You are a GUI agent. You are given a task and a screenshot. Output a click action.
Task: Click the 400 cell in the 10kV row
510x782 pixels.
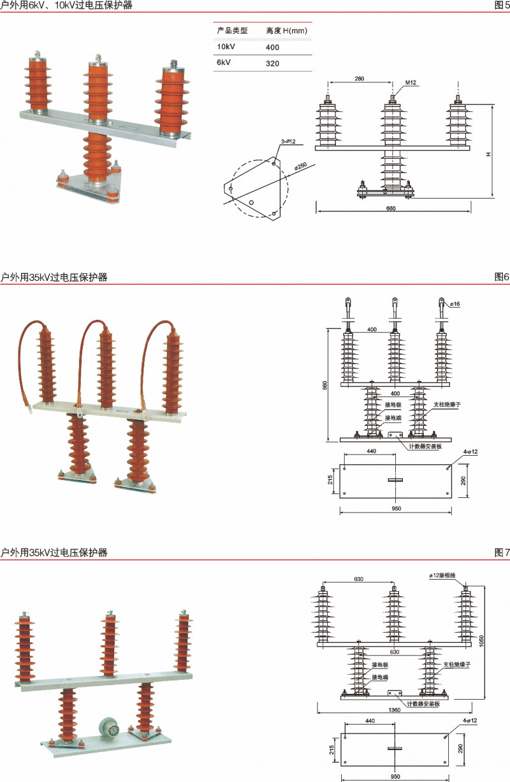(x=273, y=47)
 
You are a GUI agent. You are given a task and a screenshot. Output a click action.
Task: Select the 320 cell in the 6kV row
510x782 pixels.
(x=273, y=63)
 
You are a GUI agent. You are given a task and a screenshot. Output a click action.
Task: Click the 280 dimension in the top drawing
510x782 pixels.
(x=359, y=79)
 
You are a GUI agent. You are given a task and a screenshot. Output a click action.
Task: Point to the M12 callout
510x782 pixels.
(x=412, y=83)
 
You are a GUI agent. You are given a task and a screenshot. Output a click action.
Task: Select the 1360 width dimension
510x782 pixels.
(x=395, y=709)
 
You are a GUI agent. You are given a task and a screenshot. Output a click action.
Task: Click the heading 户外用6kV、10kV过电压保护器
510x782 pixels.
(x=67, y=6)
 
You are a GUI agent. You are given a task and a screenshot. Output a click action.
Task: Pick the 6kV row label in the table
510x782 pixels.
(x=224, y=63)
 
